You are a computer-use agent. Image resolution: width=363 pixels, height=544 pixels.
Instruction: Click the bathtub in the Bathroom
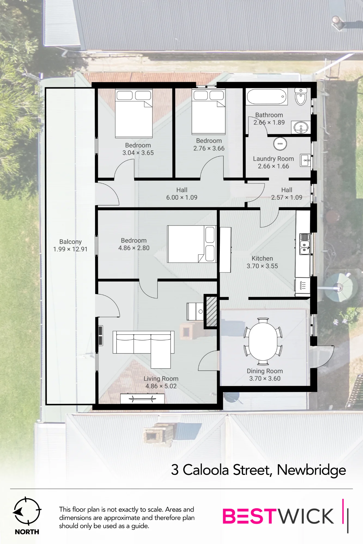point(267,97)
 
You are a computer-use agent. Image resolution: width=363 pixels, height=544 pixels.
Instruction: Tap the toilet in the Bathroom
point(301,96)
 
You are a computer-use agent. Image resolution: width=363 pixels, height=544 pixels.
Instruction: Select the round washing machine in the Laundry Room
point(280,144)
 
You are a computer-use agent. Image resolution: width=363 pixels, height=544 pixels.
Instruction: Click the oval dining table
point(263,341)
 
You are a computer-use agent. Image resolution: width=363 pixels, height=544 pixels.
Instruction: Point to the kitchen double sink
point(304,244)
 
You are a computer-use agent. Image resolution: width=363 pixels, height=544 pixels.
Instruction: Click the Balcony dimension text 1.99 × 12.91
point(70,249)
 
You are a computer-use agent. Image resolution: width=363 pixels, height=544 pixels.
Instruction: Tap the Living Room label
point(161,379)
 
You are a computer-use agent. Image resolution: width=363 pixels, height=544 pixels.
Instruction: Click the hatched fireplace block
point(211,311)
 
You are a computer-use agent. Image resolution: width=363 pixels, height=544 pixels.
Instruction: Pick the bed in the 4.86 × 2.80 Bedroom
point(192,244)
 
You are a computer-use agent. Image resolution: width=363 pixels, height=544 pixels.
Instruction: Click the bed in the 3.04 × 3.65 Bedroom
point(134,113)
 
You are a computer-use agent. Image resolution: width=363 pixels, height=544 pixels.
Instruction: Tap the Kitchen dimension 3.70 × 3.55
point(262,266)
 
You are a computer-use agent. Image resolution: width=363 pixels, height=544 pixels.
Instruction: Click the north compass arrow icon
point(27,511)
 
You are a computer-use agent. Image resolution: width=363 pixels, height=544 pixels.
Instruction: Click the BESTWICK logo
point(285,516)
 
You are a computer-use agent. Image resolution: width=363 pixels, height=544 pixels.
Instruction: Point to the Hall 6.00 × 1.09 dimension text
point(182,197)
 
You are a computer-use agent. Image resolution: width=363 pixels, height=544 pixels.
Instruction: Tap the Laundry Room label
point(273,159)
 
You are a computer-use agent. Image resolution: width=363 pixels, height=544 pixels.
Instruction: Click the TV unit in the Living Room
point(142,399)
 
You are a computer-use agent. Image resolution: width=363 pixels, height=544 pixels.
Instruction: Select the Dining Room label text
point(265,371)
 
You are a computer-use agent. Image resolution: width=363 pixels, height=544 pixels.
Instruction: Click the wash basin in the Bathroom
point(301,128)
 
